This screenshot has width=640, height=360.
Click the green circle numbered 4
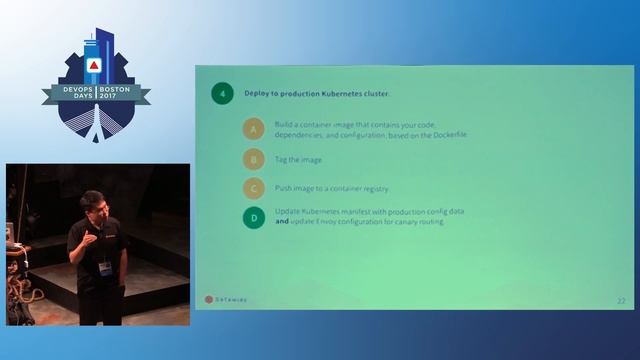coord(222,94)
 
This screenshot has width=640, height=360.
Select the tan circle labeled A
coord(253,128)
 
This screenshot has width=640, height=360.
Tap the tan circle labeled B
coord(253,159)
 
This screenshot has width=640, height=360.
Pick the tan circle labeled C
coord(253,188)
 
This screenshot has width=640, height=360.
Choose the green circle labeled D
coord(253,217)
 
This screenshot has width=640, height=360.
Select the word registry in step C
coord(373,188)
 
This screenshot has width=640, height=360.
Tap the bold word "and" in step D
coord(282,222)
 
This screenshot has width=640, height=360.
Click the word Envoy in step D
coord(334,222)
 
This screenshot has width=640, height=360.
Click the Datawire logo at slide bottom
coord(227,298)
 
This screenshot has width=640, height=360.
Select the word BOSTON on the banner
coord(124,87)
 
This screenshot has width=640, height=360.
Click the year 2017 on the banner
coord(124,98)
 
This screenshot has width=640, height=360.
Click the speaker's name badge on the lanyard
coord(104,269)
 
